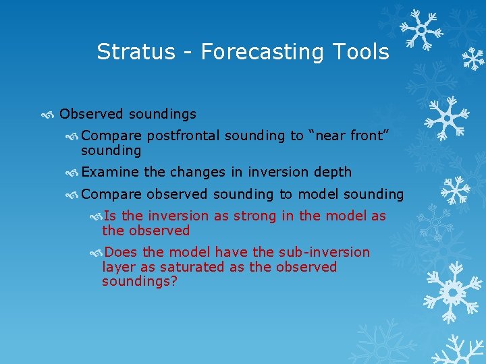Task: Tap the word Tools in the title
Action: click(364, 52)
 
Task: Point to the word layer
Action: click(118, 267)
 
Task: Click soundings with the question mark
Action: click(139, 281)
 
